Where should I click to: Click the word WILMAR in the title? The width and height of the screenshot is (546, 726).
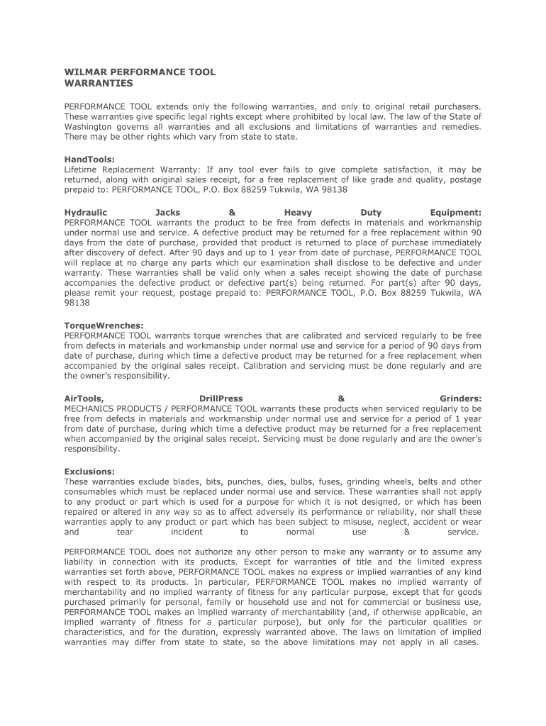pos(83,72)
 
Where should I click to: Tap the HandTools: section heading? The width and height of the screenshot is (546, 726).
pos(89,160)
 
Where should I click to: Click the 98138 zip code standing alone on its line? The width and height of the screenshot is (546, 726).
pos(77,302)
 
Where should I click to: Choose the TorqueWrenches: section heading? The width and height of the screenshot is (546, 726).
pos(104,325)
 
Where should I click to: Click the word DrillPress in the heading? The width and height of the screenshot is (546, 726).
pos(221,399)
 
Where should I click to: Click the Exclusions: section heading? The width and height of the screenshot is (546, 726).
pos(89,471)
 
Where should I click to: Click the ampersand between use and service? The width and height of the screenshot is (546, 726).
pos(407,532)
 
